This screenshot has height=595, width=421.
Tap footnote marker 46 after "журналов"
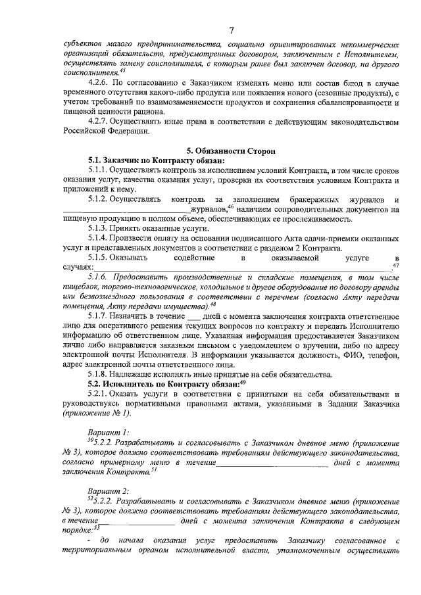pos(232,206)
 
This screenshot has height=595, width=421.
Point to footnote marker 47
pos(395,265)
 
